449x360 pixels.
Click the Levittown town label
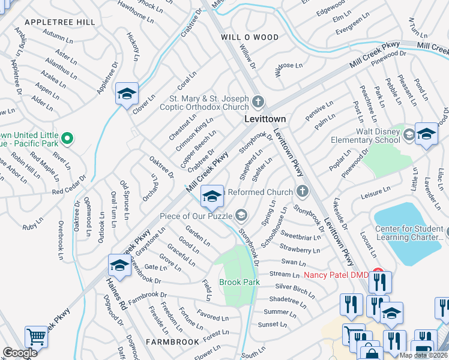pos(265,119)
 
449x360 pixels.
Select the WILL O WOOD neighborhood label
pos(250,37)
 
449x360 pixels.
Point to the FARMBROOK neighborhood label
pos(172,342)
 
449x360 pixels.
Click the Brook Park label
pos(239,282)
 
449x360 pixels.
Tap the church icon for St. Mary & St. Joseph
pos(258,101)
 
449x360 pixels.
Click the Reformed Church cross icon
pos(303,191)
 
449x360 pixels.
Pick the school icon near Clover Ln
pos(127,94)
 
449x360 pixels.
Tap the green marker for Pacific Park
pos(67,139)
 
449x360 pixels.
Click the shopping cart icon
pos(36,337)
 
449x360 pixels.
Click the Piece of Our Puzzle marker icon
pos(241,215)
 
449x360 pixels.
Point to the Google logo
pos(20,353)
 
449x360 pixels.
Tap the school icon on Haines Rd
pos(119,265)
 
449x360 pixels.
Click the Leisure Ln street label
pos(375,191)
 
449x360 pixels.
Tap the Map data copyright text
pos(423,355)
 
